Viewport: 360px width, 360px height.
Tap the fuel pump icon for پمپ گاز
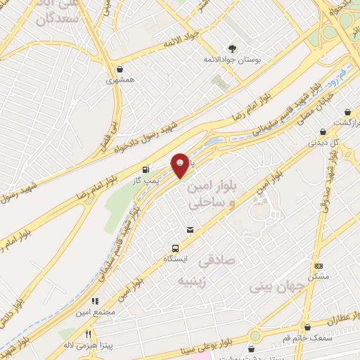146,169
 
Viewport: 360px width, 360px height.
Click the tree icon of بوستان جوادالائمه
231,49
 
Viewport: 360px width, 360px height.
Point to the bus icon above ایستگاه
175,247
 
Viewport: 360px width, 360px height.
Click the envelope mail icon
189,229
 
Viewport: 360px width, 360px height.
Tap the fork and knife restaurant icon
89,334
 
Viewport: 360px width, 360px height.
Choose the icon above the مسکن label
319,266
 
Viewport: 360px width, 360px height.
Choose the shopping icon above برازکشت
347,112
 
